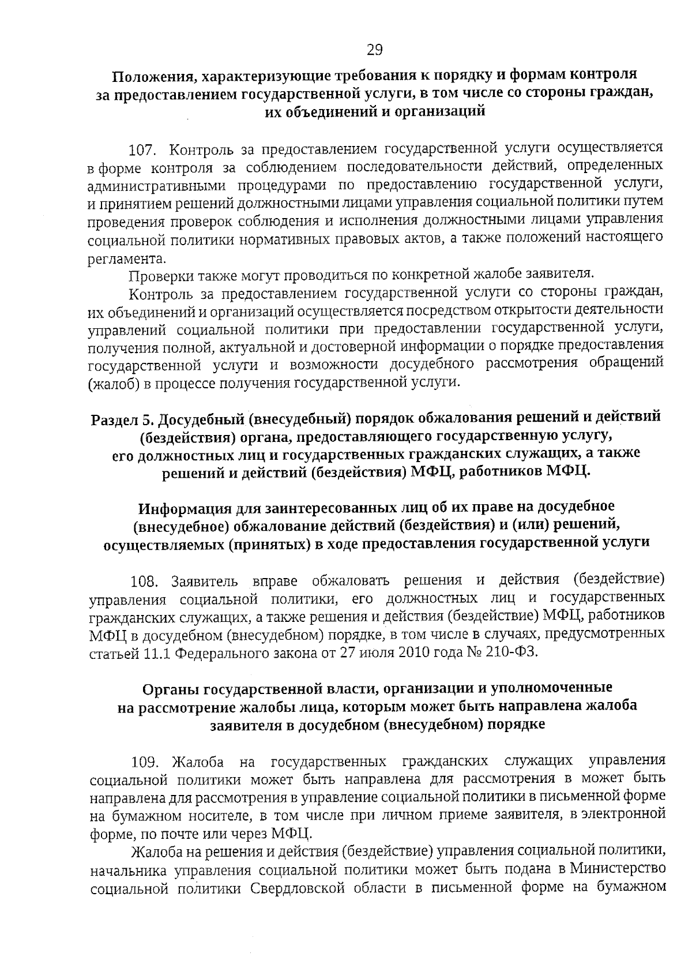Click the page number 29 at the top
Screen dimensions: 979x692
[374, 50]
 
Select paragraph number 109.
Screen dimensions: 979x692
[144, 762]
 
